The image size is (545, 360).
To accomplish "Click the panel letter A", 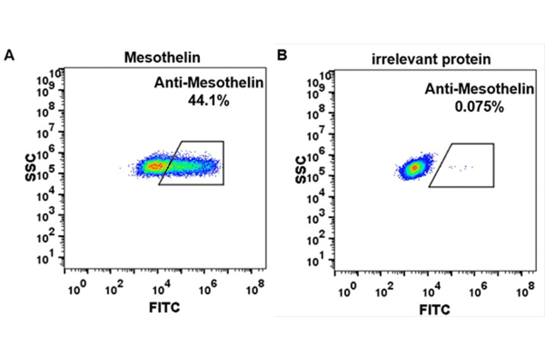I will coord(9,56).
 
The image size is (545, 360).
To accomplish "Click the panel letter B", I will coord(282,56).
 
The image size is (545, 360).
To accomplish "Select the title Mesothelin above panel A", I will coord(162,58).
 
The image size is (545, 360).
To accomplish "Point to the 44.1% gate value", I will coord(209,101).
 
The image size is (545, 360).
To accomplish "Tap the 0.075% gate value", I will coord(480,107).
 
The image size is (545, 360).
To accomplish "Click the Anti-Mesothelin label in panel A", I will coord(209,84).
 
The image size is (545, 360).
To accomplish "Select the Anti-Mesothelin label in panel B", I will coord(480,89).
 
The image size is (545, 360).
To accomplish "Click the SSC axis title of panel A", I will coord(30,168).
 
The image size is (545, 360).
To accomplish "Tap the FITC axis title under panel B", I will coord(435,310).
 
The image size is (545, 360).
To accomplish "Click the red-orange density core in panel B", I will coord(414,167).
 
